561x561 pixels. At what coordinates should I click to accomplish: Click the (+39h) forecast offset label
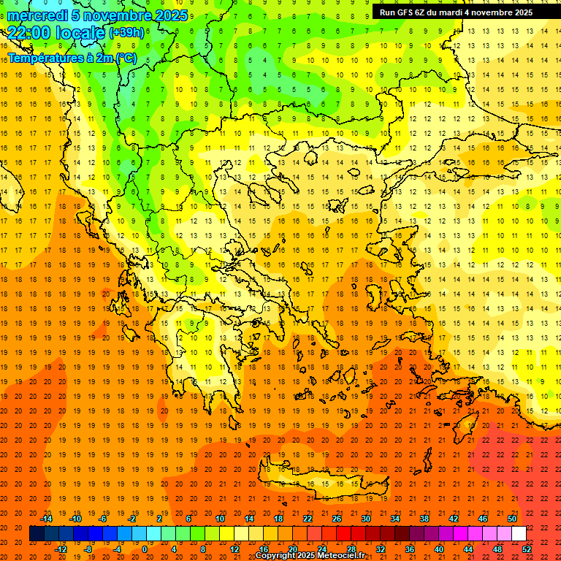point(126,33)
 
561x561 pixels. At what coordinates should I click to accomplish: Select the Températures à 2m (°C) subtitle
point(72,58)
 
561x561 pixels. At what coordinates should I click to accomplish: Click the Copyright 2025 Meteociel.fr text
point(310,556)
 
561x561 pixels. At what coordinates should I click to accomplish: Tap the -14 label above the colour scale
point(47,519)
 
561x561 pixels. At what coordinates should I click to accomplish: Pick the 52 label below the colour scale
point(527,549)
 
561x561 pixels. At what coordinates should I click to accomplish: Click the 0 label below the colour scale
point(144,549)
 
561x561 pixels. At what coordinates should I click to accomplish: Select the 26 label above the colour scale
point(337,519)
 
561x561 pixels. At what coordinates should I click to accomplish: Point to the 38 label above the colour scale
point(424,519)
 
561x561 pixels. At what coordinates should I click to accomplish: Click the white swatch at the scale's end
point(519,534)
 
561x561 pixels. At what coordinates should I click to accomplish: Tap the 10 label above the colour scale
point(220,519)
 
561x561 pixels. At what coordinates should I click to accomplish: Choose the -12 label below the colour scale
point(61,549)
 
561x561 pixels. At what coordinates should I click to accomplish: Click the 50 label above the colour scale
point(512,519)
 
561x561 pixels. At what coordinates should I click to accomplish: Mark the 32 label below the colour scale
point(381,549)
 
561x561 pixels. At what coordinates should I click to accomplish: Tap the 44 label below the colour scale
point(468,549)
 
